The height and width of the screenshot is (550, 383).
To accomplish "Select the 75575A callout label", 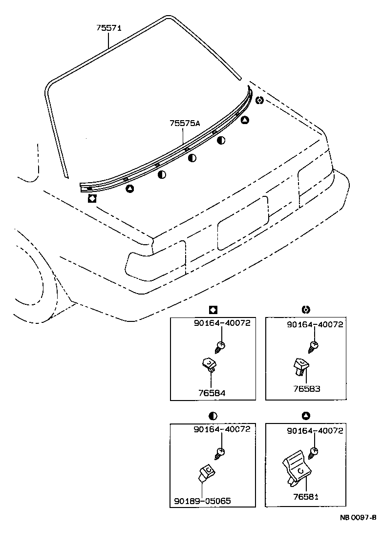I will (185, 124).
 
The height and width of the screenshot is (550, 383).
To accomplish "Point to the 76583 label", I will (306, 389).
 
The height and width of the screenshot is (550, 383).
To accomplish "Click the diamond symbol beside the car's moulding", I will (91, 198).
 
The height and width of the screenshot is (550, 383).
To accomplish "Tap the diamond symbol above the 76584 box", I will (213, 309).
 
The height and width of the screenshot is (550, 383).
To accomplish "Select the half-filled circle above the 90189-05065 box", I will (213, 416).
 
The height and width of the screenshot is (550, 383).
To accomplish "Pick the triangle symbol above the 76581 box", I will (306, 416).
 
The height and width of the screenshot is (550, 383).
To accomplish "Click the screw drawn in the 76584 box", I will (219, 347).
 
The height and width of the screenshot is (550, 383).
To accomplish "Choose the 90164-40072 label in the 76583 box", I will (315, 324).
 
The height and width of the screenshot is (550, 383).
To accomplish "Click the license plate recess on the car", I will (242, 223).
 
